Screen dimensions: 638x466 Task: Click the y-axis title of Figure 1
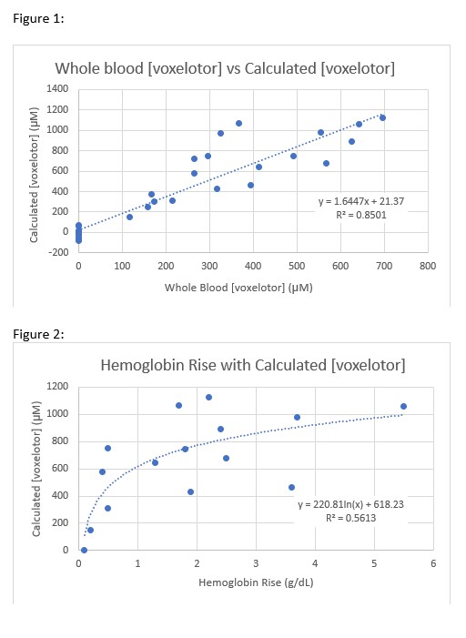[x=34, y=171]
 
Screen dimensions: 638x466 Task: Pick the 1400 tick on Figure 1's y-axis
[x=56, y=89]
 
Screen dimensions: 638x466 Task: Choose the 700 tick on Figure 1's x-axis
[x=384, y=268]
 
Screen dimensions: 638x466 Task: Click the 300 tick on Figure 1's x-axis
[x=209, y=268]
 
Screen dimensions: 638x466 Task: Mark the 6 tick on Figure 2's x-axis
[x=433, y=562]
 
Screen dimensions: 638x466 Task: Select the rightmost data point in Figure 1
[x=382, y=117]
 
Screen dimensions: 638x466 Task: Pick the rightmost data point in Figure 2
[x=403, y=406]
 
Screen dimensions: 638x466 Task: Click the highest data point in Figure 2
[x=208, y=397]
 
